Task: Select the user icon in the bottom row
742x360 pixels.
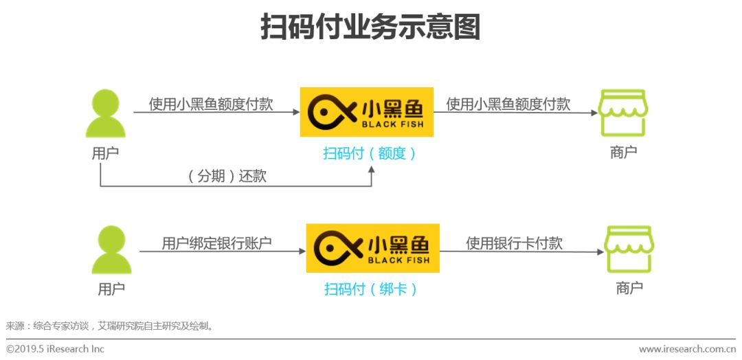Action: click(x=111, y=251)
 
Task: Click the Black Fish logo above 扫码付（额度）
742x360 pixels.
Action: click(x=367, y=112)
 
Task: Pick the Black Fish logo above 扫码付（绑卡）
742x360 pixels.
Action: click(x=372, y=248)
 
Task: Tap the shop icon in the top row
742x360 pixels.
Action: click(x=622, y=113)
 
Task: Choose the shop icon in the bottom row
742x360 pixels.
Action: click(x=629, y=249)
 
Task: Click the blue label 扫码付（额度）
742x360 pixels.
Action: click(x=370, y=153)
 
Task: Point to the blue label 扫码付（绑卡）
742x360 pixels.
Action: click(x=371, y=289)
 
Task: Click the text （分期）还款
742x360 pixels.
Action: click(x=227, y=176)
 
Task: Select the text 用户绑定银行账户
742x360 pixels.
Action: click(x=216, y=243)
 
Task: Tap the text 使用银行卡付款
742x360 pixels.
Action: click(x=514, y=243)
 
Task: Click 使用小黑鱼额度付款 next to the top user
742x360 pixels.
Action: click(x=211, y=104)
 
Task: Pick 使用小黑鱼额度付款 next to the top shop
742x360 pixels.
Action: click(x=508, y=104)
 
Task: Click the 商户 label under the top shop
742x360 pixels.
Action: click(x=623, y=153)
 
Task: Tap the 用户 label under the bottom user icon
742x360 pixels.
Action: click(x=111, y=289)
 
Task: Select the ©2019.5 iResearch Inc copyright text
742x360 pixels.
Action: click(x=56, y=349)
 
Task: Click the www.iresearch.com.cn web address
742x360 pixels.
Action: click(x=688, y=349)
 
